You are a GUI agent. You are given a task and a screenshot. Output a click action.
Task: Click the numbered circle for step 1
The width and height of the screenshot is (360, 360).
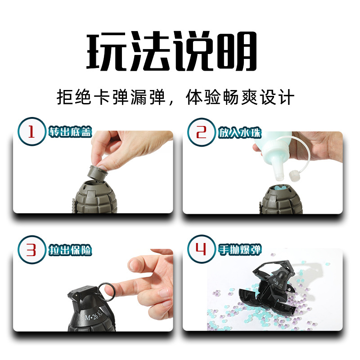click(x=32, y=131)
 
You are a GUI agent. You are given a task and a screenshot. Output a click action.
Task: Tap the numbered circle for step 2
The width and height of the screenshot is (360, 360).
click(x=201, y=132)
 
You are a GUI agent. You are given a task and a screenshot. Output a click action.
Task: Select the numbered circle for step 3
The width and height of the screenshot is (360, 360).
click(x=32, y=250)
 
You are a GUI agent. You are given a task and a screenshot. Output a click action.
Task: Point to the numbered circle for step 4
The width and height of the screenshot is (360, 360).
click(x=201, y=249)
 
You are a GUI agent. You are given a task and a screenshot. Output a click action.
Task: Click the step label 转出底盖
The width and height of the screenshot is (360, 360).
click(x=70, y=132)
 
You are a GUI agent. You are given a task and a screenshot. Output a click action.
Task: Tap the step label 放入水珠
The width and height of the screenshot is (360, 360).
click(x=240, y=132)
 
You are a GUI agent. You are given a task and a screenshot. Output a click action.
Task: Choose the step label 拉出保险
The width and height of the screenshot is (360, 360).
click(x=70, y=250)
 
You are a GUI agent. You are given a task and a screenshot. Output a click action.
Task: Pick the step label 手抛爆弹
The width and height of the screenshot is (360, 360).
click(x=240, y=249)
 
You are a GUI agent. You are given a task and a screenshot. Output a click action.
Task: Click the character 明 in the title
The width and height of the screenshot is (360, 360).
click(x=237, y=50)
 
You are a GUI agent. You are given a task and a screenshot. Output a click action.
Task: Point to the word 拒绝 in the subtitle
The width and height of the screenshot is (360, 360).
click(x=74, y=97)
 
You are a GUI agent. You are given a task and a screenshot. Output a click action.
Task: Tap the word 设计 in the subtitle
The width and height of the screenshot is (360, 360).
click(x=277, y=97)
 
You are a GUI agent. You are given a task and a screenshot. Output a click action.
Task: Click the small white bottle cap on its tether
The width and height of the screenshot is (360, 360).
click(x=294, y=175)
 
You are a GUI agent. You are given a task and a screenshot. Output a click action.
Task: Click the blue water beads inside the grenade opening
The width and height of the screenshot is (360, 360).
click(x=280, y=188)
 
